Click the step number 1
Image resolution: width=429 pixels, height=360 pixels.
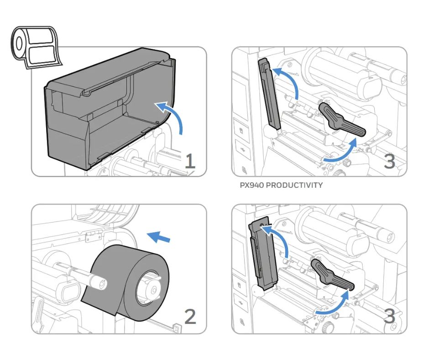coord(190,161)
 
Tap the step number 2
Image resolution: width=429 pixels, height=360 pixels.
coord(190,316)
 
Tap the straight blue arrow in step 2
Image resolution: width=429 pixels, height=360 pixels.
coord(160,237)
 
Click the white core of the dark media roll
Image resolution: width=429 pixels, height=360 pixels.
coord(152,289)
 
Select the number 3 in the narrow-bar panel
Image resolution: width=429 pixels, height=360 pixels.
coord(389,161)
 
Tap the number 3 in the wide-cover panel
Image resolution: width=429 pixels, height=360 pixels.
coord(389,316)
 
